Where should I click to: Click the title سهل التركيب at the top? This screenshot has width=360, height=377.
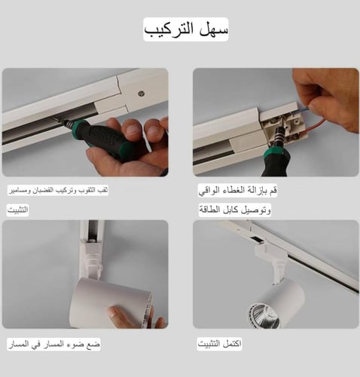185,29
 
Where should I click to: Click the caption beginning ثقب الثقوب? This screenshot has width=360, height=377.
58,191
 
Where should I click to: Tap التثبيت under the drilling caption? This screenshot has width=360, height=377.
18,210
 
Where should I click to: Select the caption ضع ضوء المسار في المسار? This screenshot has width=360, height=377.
53,344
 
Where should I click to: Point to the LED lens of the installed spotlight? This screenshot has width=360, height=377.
265,314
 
